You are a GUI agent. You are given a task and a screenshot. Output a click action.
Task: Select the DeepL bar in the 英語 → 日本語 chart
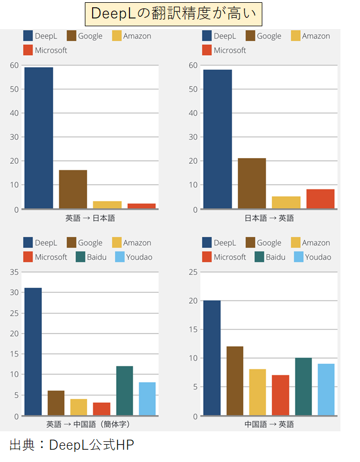(x=39, y=138)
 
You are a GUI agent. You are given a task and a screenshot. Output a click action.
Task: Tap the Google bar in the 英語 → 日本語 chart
(x=73, y=189)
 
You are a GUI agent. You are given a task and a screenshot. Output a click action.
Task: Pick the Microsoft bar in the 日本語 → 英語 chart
(x=320, y=199)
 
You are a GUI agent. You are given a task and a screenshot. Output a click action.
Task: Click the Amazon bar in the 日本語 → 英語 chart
(x=286, y=202)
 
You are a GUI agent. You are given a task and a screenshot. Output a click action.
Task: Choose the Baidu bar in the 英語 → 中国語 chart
(x=124, y=390)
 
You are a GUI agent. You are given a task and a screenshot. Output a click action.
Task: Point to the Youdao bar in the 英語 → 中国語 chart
(x=147, y=399)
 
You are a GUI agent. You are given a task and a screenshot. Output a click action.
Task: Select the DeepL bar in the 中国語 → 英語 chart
(x=212, y=358)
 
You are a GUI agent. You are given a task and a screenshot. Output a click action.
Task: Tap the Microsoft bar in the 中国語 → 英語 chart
(x=280, y=395)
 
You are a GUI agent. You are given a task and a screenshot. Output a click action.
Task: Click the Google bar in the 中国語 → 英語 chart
(x=234, y=381)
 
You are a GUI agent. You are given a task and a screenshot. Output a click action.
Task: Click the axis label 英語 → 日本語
(x=90, y=218)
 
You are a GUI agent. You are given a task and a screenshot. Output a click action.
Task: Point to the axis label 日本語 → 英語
(x=269, y=218)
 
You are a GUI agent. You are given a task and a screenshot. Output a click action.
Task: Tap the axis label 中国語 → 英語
(x=269, y=425)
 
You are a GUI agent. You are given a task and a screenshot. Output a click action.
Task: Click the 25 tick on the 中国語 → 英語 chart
(x=193, y=272)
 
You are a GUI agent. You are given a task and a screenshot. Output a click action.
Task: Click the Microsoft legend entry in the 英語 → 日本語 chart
(x=45, y=50)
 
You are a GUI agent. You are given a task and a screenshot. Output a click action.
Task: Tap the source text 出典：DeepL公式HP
(x=71, y=445)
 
